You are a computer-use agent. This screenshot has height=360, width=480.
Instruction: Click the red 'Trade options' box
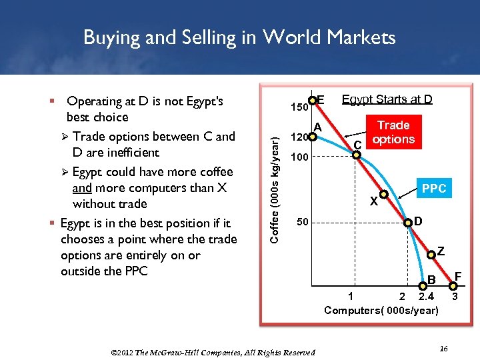[393, 132]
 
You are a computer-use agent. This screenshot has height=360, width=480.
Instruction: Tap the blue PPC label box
[434, 189]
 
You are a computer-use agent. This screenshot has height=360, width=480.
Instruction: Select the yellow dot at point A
[311, 139]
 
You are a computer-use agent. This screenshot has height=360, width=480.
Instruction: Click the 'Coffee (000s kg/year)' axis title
[275, 180]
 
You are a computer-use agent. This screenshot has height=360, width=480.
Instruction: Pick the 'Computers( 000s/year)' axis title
[381, 310]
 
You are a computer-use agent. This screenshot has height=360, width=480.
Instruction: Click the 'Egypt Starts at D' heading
[387, 100]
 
